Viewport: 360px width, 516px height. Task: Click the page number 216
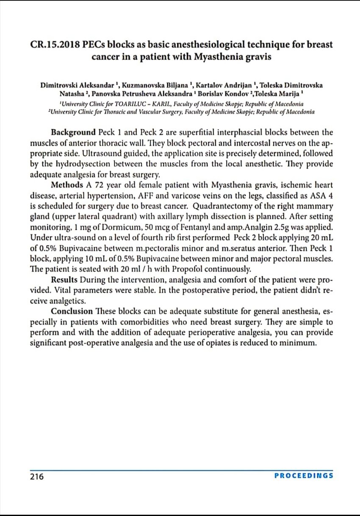click(36, 476)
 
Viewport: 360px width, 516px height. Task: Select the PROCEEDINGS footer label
click(304, 475)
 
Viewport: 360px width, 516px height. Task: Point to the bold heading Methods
click(67, 185)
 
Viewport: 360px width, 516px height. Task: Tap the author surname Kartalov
click(210, 85)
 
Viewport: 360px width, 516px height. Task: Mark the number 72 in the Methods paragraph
click(100, 185)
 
